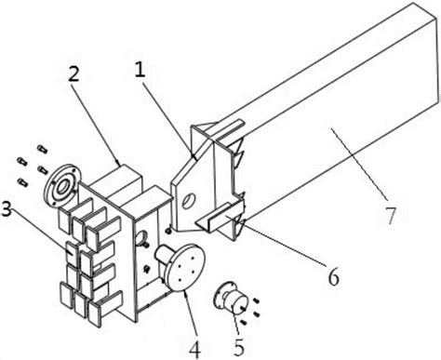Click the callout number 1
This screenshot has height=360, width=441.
[x=140, y=71]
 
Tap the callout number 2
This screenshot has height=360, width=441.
[x=73, y=73]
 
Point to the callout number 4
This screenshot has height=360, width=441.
[x=194, y=349]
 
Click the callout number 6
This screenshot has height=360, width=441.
[x=334, y=277]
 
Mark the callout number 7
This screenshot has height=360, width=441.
[x=390, y=215]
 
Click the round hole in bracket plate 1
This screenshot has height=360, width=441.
[x=188, y=201]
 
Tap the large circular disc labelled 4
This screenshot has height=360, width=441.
[x=186, y=267]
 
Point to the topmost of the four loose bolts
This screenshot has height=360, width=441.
[x=42, y=149]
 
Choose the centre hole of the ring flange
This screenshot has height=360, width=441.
[x=64, y=186]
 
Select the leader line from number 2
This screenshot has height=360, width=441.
[x=97, y=124]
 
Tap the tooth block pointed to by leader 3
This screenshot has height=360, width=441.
[x=73, y=253]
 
